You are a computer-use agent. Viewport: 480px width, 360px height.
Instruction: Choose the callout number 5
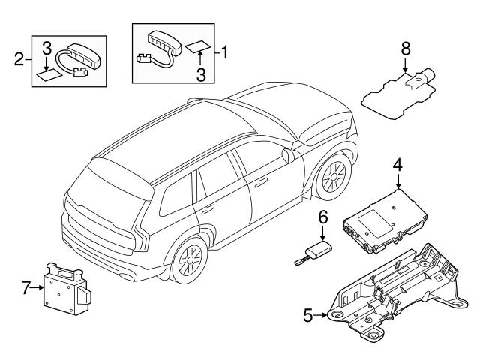point(307,316)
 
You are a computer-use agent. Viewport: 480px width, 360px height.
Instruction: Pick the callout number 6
point(323,217)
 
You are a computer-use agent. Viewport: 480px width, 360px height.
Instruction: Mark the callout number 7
point(26,286)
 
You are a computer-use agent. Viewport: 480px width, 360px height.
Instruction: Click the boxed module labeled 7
point(67,289)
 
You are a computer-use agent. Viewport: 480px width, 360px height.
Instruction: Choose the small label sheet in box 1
point(196,46)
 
